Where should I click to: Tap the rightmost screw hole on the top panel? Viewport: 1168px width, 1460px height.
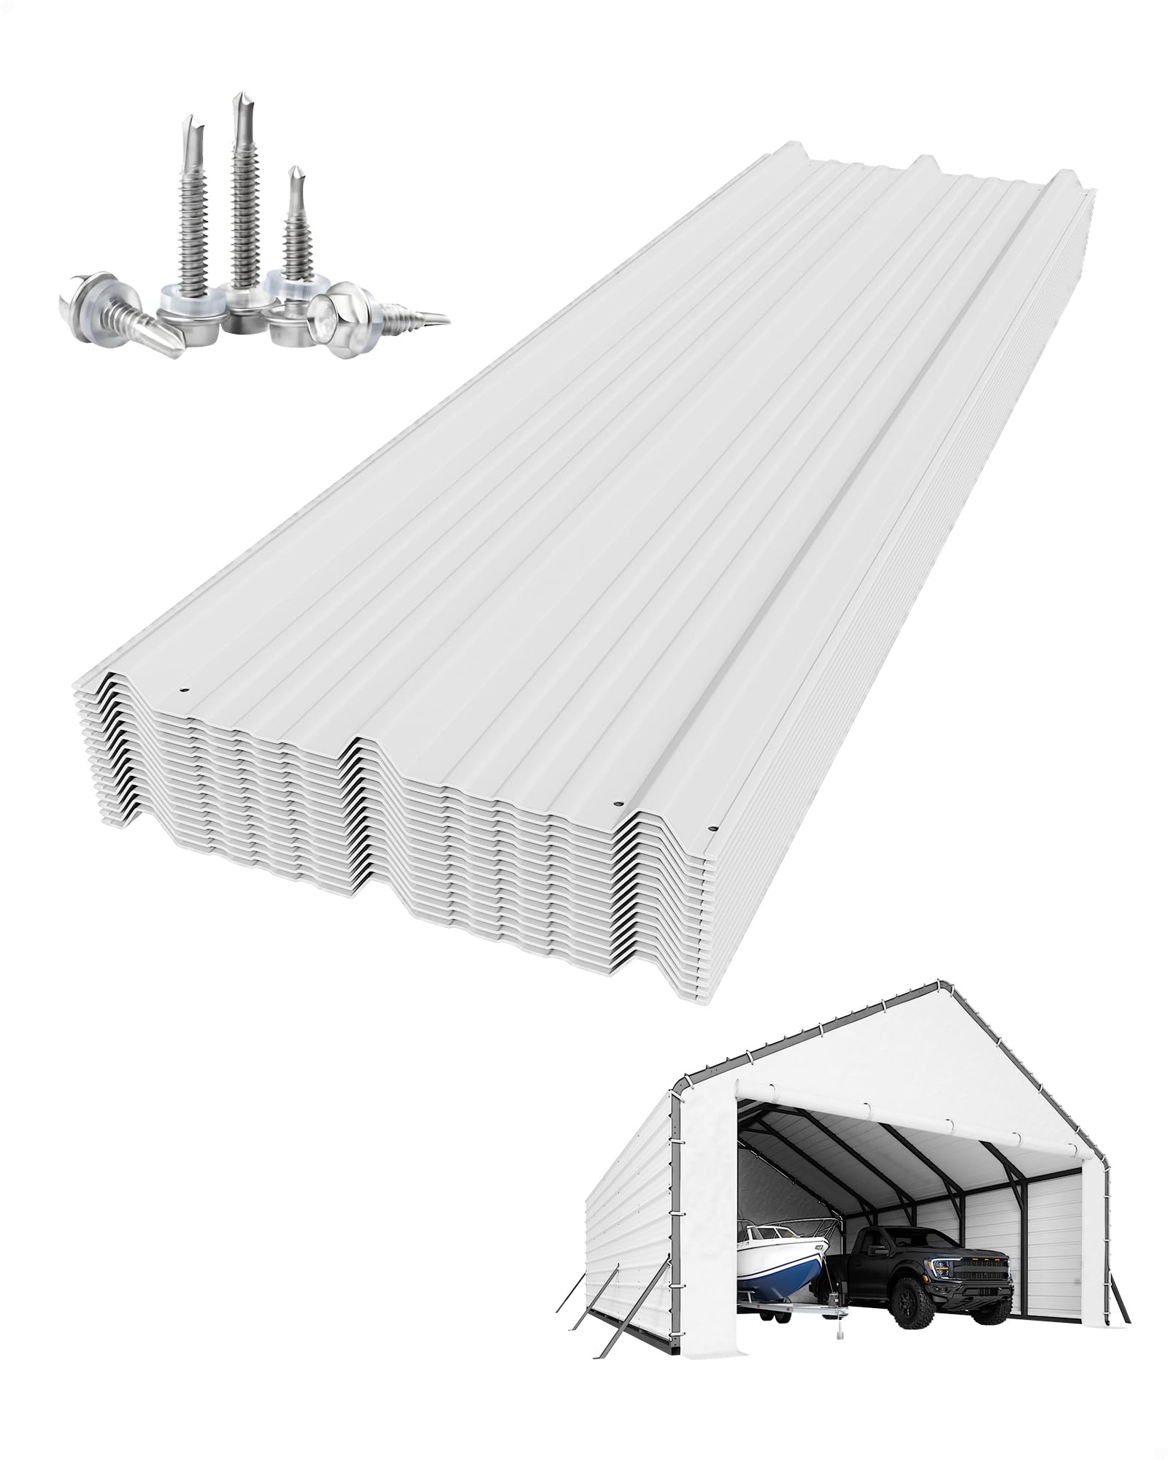[x=712, y=829]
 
